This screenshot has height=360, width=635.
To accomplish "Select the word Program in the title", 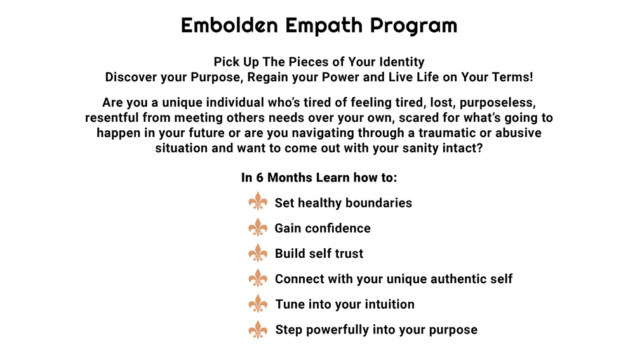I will [x=413, y=25].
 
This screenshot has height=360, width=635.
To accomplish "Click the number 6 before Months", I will [x=260, y=177].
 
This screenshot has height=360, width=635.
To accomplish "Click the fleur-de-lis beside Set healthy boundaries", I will [x=258, y=202].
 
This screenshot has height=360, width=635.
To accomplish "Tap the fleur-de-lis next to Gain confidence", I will [x=258, y=227].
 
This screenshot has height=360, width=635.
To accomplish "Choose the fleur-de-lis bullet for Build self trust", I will [x=258, y=253].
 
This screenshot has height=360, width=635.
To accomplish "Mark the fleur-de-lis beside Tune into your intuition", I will [x=258, y=303].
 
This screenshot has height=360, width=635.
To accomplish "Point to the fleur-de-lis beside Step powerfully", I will [x=258, y=329].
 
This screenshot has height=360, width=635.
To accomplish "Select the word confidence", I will [x=337, y=228].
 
